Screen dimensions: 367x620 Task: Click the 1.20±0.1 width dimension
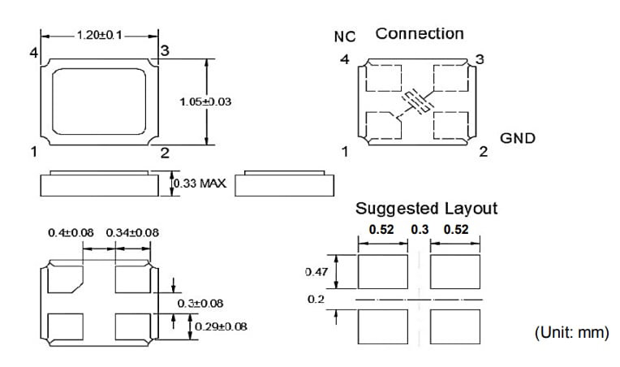(99, 36)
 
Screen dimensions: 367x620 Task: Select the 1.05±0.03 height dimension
(205, 101)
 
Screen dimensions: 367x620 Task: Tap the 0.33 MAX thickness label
(200, 184)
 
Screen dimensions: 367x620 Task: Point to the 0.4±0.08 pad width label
(71, 233)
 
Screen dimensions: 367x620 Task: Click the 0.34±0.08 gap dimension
(132, 233)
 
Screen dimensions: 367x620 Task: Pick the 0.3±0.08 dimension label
(200, 303)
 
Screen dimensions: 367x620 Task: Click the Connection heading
(420, 34)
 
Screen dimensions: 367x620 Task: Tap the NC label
(344, 37)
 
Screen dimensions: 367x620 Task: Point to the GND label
(518, 138)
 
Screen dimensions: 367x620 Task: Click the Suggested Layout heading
(426, 209)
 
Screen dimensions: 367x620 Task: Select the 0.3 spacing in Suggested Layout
(420, 230)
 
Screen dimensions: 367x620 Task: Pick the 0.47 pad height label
(316, 272)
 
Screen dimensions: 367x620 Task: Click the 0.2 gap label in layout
(316, 299)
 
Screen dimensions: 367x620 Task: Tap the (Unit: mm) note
(570, 332)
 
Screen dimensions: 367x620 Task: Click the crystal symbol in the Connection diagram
(417, 101)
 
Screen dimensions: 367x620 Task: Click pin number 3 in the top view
(164, 51)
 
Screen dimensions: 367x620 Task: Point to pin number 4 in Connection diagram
(345, 60)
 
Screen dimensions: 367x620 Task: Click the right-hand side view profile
(284, 184)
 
